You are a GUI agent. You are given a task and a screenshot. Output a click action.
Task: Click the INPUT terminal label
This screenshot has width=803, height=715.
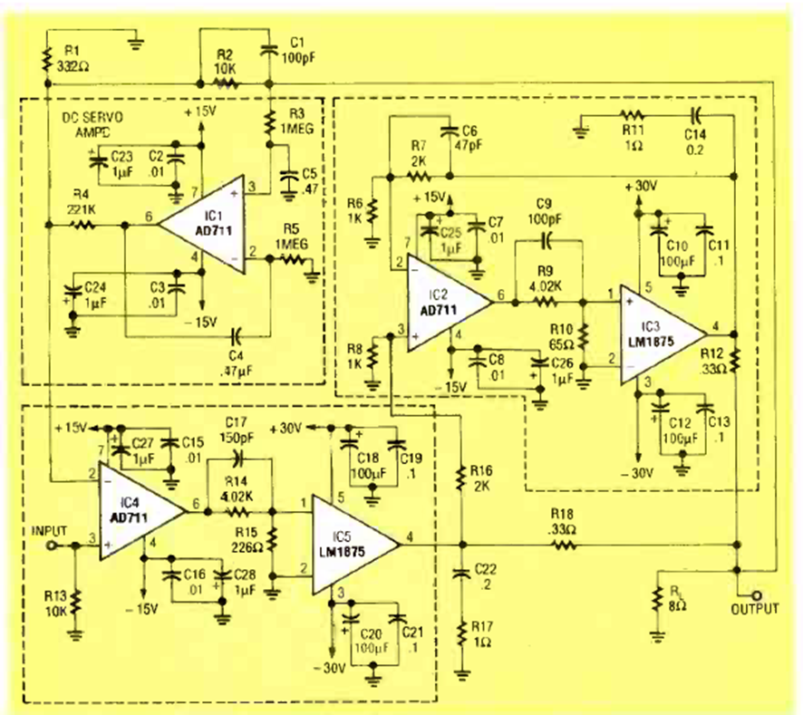(x=49, y=529)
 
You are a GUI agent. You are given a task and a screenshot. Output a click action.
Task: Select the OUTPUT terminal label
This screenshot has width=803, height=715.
(x=754, y=610)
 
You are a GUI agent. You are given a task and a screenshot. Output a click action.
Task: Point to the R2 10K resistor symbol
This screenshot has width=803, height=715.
(x=225, y=82)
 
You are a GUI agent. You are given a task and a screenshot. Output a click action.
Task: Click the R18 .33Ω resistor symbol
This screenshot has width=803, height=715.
(x=564, y=546)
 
